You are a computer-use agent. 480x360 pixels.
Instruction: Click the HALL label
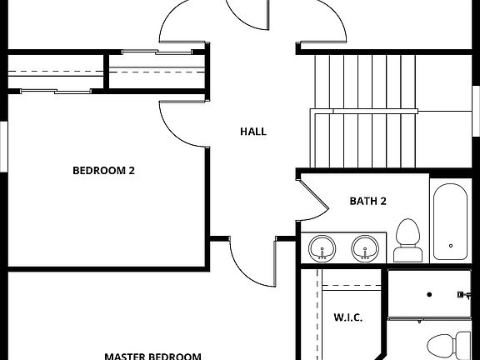[x=252, y=132]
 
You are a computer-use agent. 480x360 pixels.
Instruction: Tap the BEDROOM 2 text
[x=103, y=171]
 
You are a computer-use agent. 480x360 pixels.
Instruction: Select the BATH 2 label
[x=367, y=201]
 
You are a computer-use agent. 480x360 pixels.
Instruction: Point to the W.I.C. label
[x=347, y=317]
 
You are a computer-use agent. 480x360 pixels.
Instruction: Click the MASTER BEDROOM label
[x=152, y=355]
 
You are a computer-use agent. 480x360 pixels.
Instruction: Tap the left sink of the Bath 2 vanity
[x=322, y=247]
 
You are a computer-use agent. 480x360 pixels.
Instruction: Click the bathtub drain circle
[x=451, y=246]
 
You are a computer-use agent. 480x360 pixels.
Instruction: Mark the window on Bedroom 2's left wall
[x=2, y=146]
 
